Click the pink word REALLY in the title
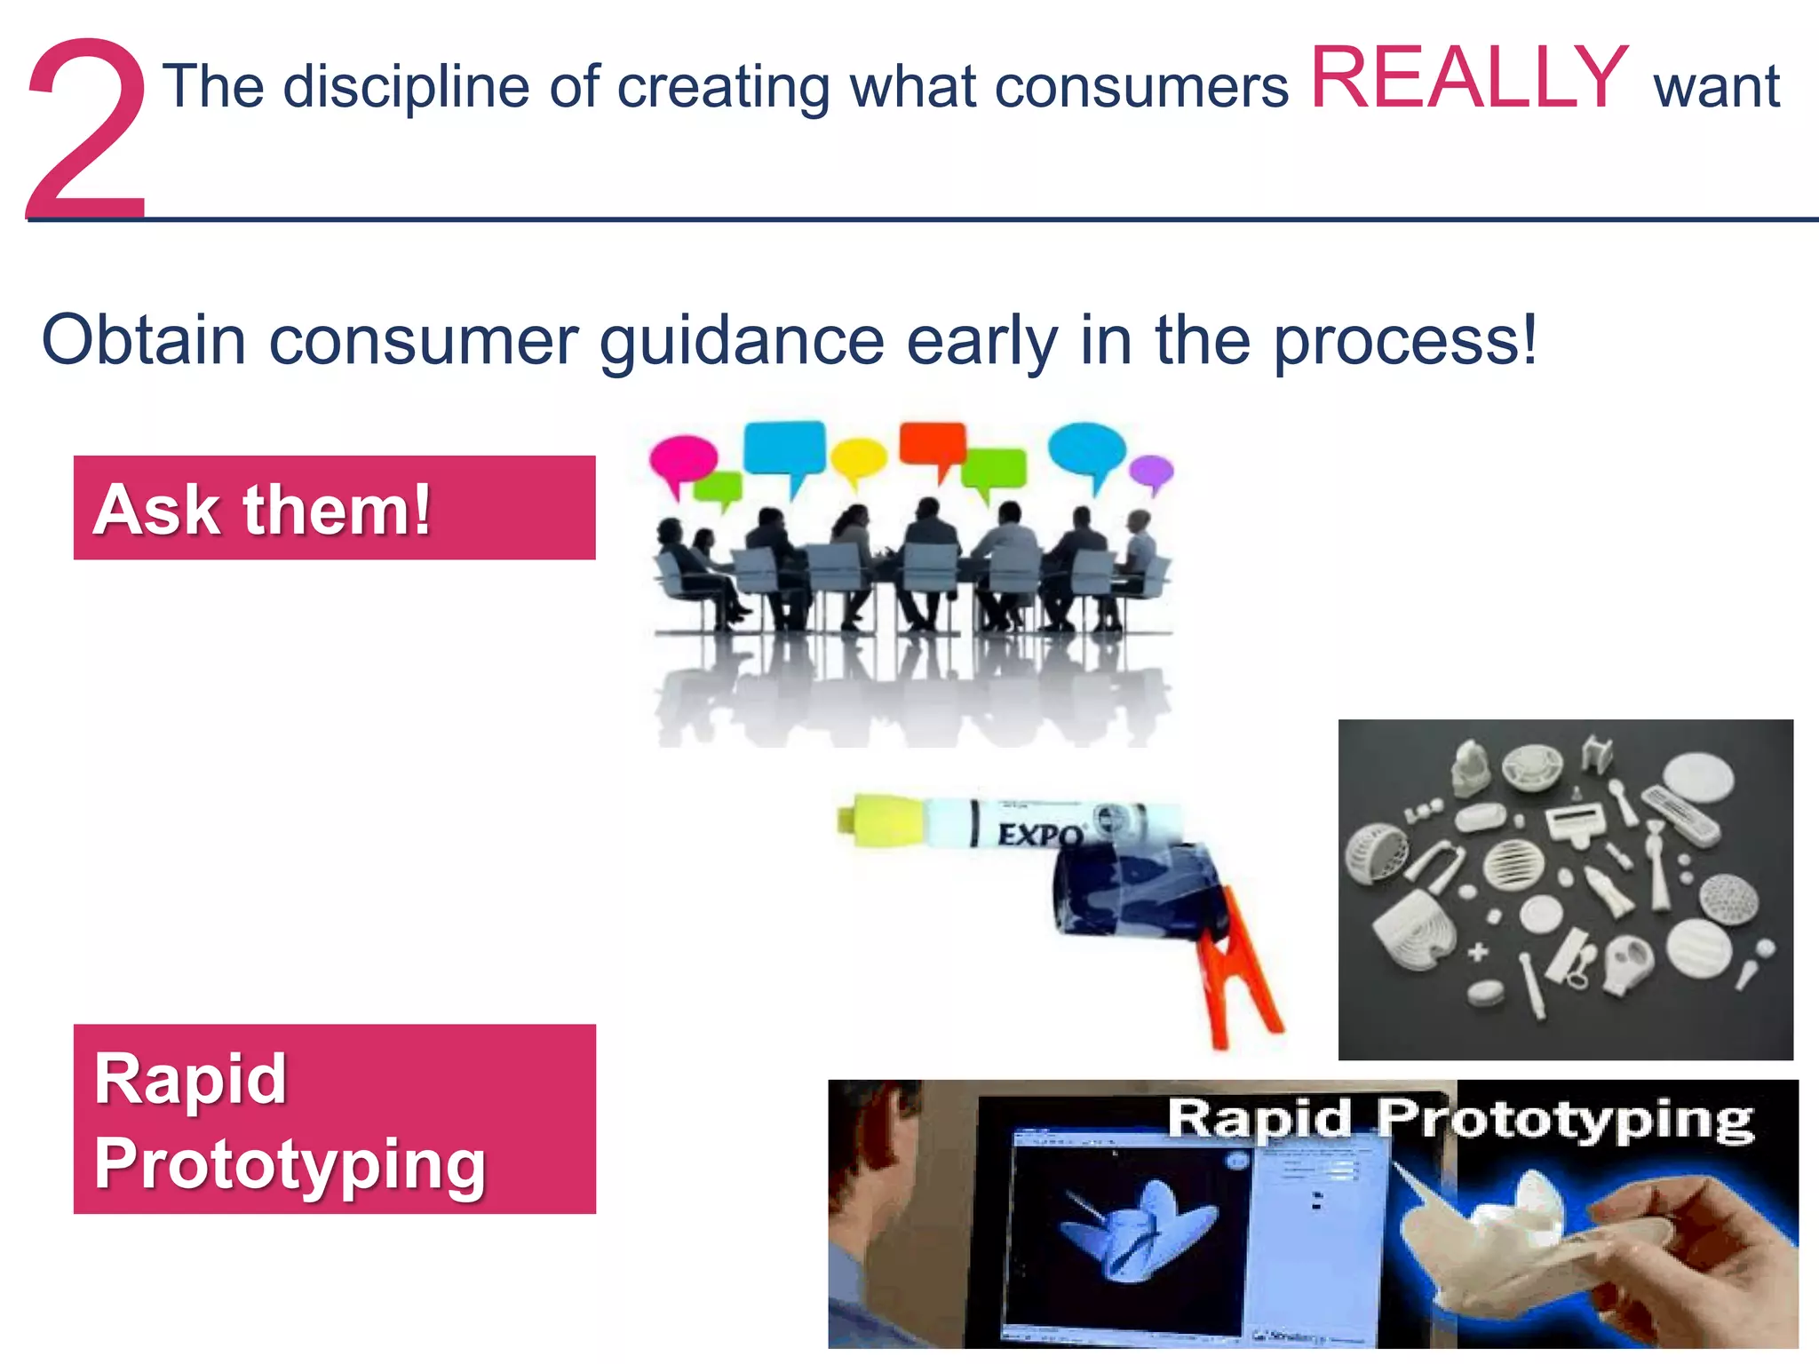(x=1469, y=80)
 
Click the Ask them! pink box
(x=334, y=508)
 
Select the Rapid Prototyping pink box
(x=334, y=1119)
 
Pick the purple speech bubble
(x=1150, y=472)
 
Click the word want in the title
(x=1716, y=88)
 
